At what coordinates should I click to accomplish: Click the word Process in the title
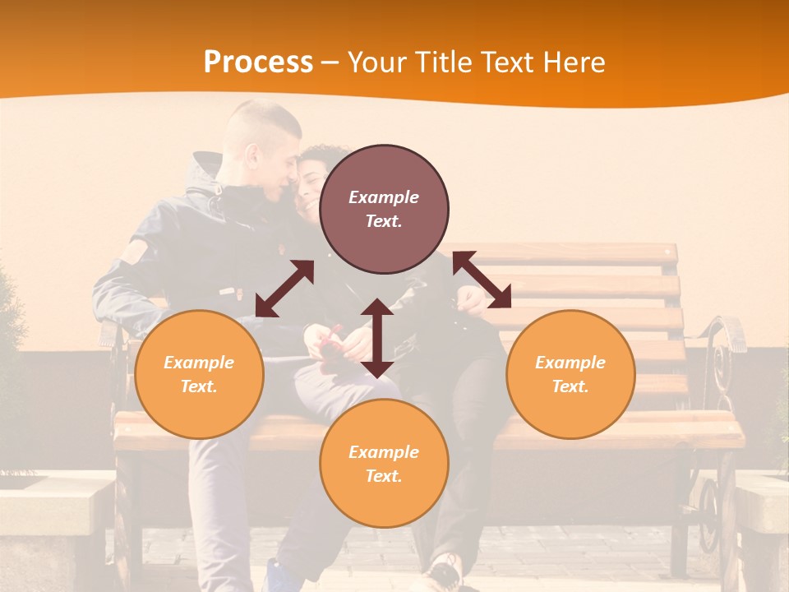pos(258,62)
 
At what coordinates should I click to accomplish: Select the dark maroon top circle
pos(384,209)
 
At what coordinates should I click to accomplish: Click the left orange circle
pos(199,374)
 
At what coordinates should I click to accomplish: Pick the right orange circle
pos(570,374)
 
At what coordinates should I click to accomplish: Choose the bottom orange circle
pos(384,464)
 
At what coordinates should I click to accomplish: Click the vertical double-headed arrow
pos(377,339)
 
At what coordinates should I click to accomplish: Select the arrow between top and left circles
pos(284,289)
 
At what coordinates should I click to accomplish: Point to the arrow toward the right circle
pos(482,280)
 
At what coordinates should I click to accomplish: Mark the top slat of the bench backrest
pos(575,253)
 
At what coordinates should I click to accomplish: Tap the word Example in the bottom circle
pos(384,452)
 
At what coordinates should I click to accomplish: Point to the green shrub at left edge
pos(10,329)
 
